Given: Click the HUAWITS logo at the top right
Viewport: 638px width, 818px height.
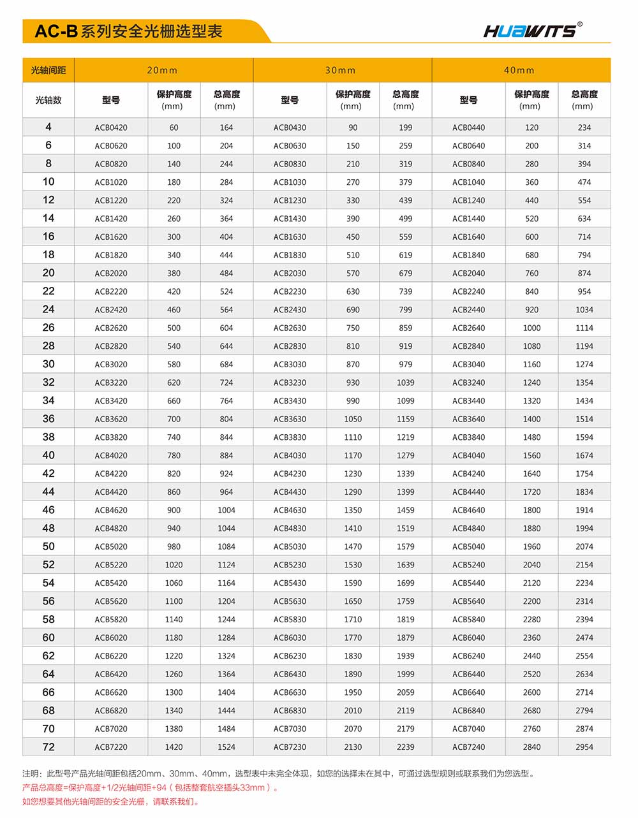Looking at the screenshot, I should click(x=532, y=30).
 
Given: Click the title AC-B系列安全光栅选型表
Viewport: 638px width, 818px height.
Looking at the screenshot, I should click(x=128, y=31).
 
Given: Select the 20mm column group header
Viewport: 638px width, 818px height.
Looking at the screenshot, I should click(x=163, y=70).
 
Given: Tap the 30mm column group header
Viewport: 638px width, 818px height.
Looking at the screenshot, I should click(x=341, y=70).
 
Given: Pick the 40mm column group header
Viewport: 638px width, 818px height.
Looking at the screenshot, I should click(x=520, y=70).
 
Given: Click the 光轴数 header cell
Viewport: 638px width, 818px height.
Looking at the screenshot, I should click(x=48, y=100).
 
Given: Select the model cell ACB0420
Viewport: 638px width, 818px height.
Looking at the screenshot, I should click(x=111, y=128).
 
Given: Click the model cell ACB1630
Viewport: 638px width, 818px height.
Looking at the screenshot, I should click(x=290, y=237).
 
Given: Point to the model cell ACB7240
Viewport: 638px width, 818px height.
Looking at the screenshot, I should click(x=468, y=747).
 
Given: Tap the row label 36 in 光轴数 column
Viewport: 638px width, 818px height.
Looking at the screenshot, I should click(x=48, y=419).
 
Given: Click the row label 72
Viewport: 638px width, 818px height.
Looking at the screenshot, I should click(x=48, y=747).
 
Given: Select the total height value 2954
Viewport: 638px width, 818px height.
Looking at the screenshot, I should click(x=584, y=747).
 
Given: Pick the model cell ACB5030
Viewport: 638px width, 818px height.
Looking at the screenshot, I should click(x=290, y=546).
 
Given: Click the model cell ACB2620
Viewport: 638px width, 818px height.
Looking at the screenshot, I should click(x=111, y=328).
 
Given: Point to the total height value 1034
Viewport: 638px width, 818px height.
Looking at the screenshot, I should click(x=584, y=310).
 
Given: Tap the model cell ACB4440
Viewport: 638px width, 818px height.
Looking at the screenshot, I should click(x=468, y=492).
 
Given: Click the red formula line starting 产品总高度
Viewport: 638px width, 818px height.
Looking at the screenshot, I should click(x=151, y=788).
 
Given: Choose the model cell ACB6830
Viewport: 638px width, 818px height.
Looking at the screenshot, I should click(x=290, y=710).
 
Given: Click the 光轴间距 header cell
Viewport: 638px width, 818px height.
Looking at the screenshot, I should click(x=48, y=70).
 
